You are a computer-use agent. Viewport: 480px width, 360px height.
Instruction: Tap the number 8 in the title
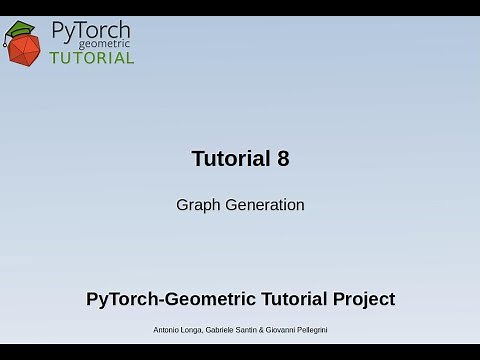[x=283, y=159]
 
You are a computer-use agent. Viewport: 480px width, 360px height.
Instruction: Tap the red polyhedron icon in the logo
[x=24, y=47]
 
